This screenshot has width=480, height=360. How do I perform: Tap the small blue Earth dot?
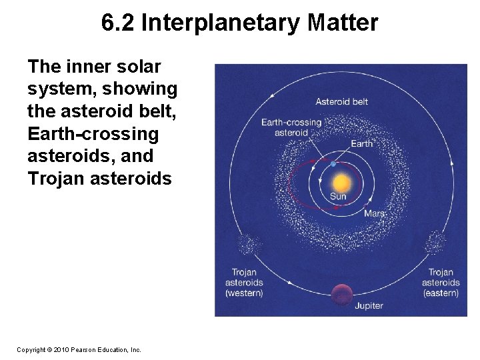(x=333, y=164)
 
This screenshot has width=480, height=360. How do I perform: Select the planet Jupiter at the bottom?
(x=341, y=292)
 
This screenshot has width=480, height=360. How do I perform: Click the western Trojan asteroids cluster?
(x=248, y=245)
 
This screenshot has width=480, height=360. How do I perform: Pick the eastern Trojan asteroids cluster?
(x=436, y=241)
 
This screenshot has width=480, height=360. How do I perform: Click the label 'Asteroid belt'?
(x=341, y=102)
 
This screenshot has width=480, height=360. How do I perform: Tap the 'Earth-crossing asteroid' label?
(x=291, y=127)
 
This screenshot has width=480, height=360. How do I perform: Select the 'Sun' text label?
(x=338, y=197)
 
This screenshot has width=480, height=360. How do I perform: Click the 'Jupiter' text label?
(x=369, y=305)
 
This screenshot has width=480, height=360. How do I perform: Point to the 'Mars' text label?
(x=373, y=213)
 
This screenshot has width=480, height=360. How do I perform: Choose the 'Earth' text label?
(x=362, y=143)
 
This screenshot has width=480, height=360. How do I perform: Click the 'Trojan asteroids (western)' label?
(x=244, y=283)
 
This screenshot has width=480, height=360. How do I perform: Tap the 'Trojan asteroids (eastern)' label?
(x=441, y=283)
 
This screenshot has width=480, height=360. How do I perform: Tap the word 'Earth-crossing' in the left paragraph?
(x=93, y=134)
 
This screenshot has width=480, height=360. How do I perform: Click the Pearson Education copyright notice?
(x=79, y=349)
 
